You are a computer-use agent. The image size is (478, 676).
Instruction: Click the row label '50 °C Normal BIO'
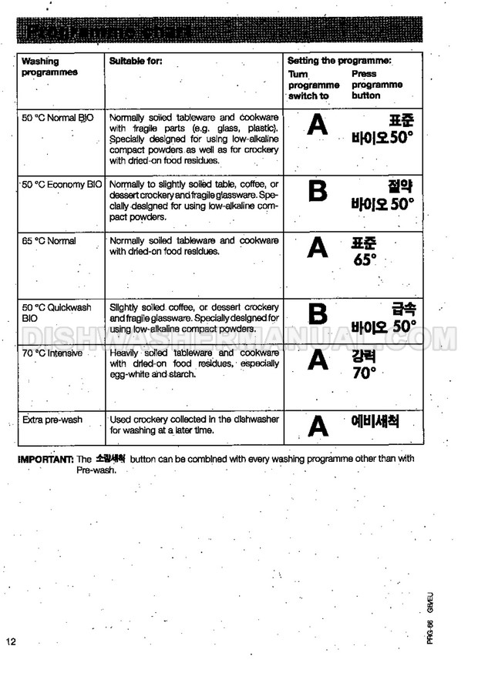[x=59, y=119]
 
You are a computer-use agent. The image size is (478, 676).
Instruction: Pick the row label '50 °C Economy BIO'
[x=62, y=185]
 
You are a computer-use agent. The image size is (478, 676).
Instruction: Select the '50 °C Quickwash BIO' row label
[x=56, y=312]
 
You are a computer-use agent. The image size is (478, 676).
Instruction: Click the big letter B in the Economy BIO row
[x=318, y=191]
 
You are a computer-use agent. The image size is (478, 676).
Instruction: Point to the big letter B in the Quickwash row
[x=318, y=314]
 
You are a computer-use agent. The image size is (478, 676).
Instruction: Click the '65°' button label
[x=364, y=259]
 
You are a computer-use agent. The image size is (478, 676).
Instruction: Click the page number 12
[x=10, y=643]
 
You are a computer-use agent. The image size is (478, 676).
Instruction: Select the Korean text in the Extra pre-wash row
[x=375, y=422]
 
